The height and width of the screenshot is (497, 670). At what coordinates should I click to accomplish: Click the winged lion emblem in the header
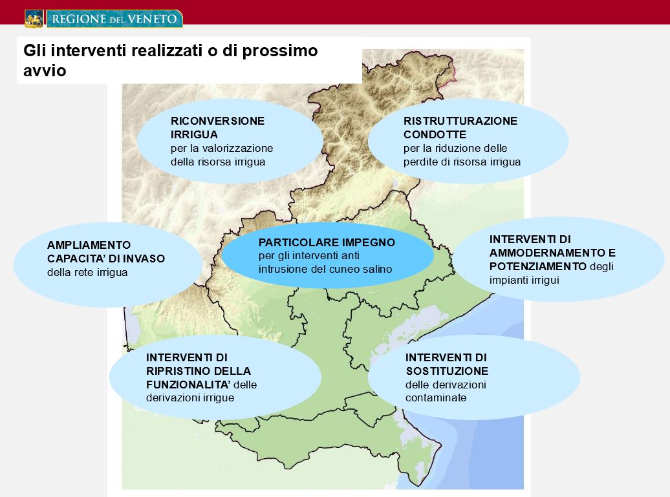coord(34,19)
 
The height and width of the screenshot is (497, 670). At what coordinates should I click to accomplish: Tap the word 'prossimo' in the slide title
coord(280,51)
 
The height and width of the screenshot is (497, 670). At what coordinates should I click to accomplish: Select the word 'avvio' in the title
coord(45,70)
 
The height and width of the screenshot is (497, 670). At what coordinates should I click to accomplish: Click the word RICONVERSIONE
coord(217,121)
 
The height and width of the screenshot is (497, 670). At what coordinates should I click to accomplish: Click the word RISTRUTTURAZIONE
coord(460,121)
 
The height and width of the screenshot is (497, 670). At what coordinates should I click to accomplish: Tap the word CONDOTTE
coord(435,134)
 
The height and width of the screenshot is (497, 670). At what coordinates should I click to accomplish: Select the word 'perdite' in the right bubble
coord(420,162)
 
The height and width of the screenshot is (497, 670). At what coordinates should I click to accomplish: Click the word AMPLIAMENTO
coord(89,245)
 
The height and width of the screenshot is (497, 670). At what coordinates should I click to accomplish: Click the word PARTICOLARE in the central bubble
coord(293,242)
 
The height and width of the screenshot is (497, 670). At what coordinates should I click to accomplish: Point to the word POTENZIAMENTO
coord(538,266)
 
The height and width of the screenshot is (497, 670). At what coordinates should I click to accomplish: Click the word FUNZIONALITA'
coord(188,385)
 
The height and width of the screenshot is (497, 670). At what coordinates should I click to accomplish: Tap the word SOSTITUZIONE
coord(447,371)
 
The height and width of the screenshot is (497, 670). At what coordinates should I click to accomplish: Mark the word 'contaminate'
coord(436,398)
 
